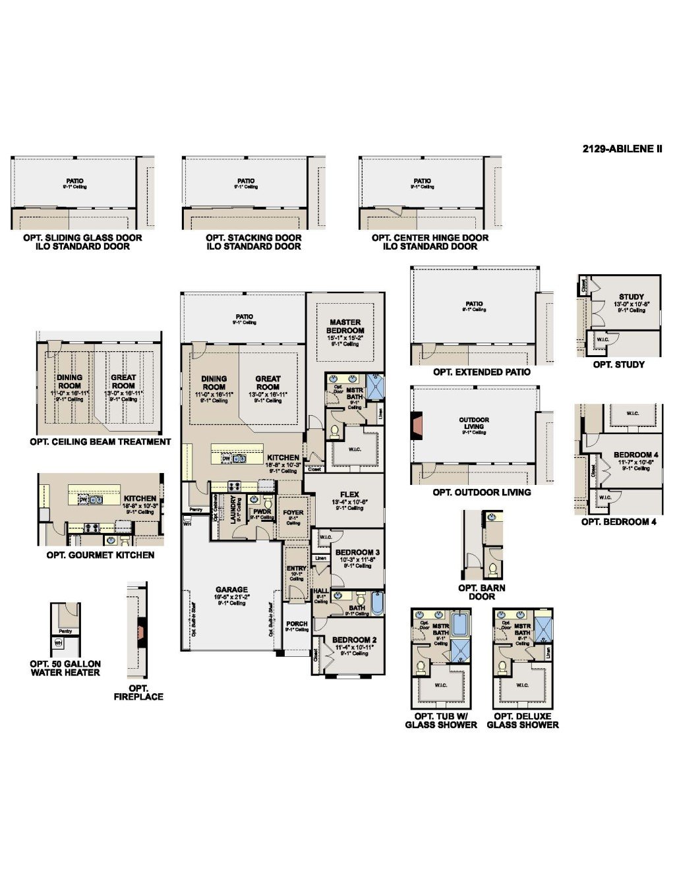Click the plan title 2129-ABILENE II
click(x=622, y=149)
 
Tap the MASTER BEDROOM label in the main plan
click(x=345, y=326)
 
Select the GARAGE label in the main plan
click(x=231, y=590)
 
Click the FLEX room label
click(x=349, y=494)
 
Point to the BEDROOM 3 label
click(x=357, y=552)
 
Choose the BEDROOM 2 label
click(x=355, y=640)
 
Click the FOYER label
click(x=293, y=512)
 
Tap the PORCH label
click(x=297, y=623)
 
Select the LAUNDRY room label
click(x=233, y=509)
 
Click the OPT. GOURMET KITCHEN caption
click(x=100, y=555)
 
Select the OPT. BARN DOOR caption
click(x=482, y=592)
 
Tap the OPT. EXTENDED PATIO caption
click(x=481, y=372)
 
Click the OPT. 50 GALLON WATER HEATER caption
click(x=65, y=668)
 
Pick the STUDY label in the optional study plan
click(x=631, y=296)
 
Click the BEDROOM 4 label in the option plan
click(x=635, y=455)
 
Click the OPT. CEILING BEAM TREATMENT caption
click(x=100, y=442)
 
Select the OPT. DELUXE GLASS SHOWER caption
click(x=523, y=720)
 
